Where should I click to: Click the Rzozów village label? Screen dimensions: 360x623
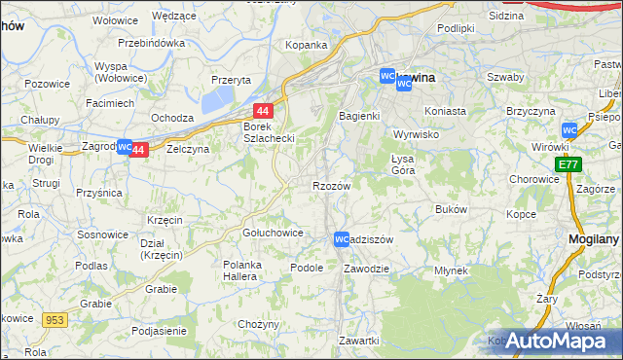click(x=331, y=185)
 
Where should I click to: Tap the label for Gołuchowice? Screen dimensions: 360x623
click(x=272, y=234)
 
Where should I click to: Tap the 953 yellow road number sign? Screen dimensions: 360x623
click(x=54, y=318)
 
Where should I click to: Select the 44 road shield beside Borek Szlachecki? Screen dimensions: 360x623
click(x=263, y=112)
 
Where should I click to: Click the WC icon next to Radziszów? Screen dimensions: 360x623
click(x=341, y=238)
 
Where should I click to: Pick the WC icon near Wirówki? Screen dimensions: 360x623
click(x=570, y=129)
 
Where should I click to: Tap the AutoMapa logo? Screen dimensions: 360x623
click(x=557, y=341)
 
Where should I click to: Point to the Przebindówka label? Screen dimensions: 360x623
click(x=151, y=44)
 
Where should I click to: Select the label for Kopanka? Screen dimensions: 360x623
click(x=305, y=46)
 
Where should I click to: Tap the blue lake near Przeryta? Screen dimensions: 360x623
click(x=219, y=98)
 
